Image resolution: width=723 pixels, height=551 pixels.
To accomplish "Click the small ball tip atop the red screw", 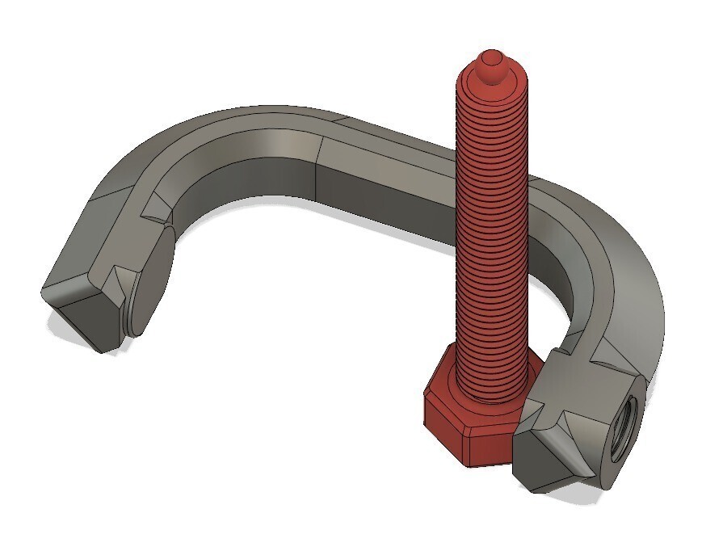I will click(x=490, y=61).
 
